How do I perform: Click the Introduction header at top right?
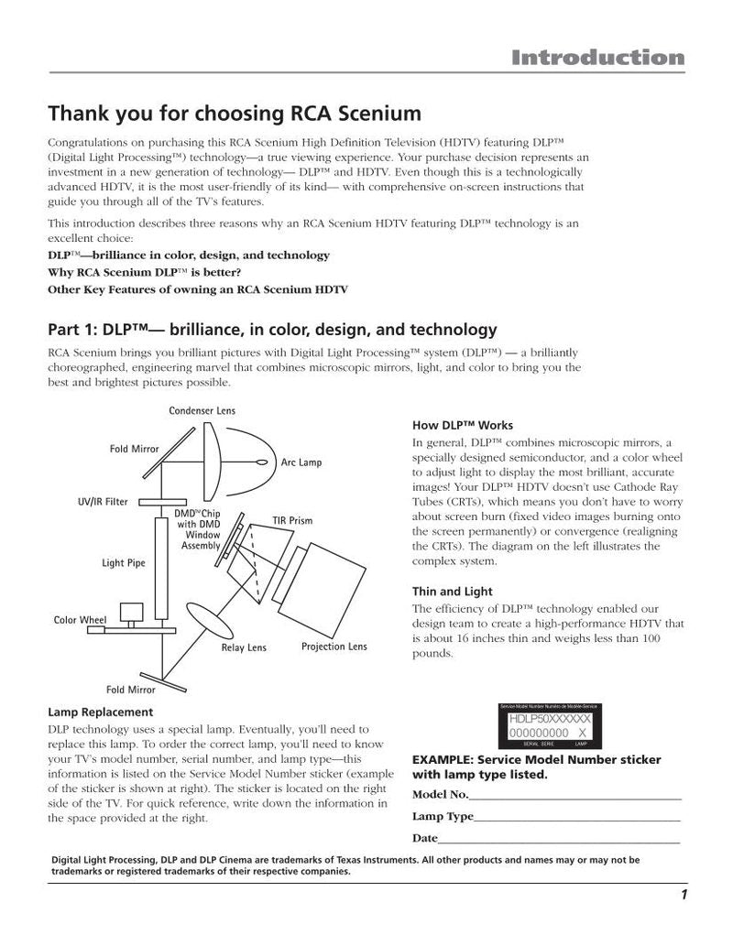[597, 59]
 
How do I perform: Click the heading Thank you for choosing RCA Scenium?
[235, 114]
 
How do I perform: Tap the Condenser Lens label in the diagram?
[202, 411]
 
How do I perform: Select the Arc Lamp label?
[301, 462]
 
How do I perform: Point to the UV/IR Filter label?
[102, 502]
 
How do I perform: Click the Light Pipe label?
[123, 563]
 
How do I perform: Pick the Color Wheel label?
[81, 620]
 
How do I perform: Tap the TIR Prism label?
[292, 521]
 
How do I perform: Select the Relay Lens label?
[244, 648]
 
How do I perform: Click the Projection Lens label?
[334, 647]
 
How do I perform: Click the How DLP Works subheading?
[463, 426]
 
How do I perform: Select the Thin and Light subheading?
[452, 592]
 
